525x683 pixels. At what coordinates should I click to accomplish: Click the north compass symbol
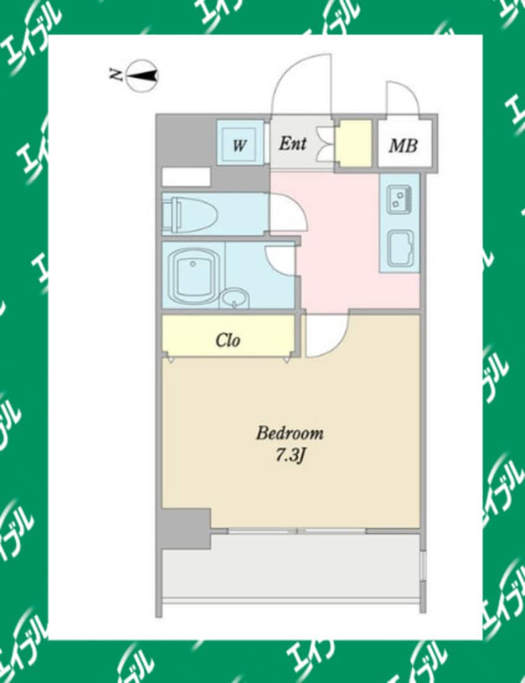[x=142, y=76]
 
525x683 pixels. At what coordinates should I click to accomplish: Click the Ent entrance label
[x=292, y=144]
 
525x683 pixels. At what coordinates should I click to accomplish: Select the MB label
[x=403, y=146]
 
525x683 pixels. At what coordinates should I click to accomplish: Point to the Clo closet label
[x=228, y=340]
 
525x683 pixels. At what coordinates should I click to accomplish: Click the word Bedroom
[x=289, y=433]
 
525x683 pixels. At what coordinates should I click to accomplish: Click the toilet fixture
[x=190, y=214]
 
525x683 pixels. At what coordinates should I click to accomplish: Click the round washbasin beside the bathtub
[x=235, y=299]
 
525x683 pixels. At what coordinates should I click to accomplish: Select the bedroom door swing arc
[x=326, y=335]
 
